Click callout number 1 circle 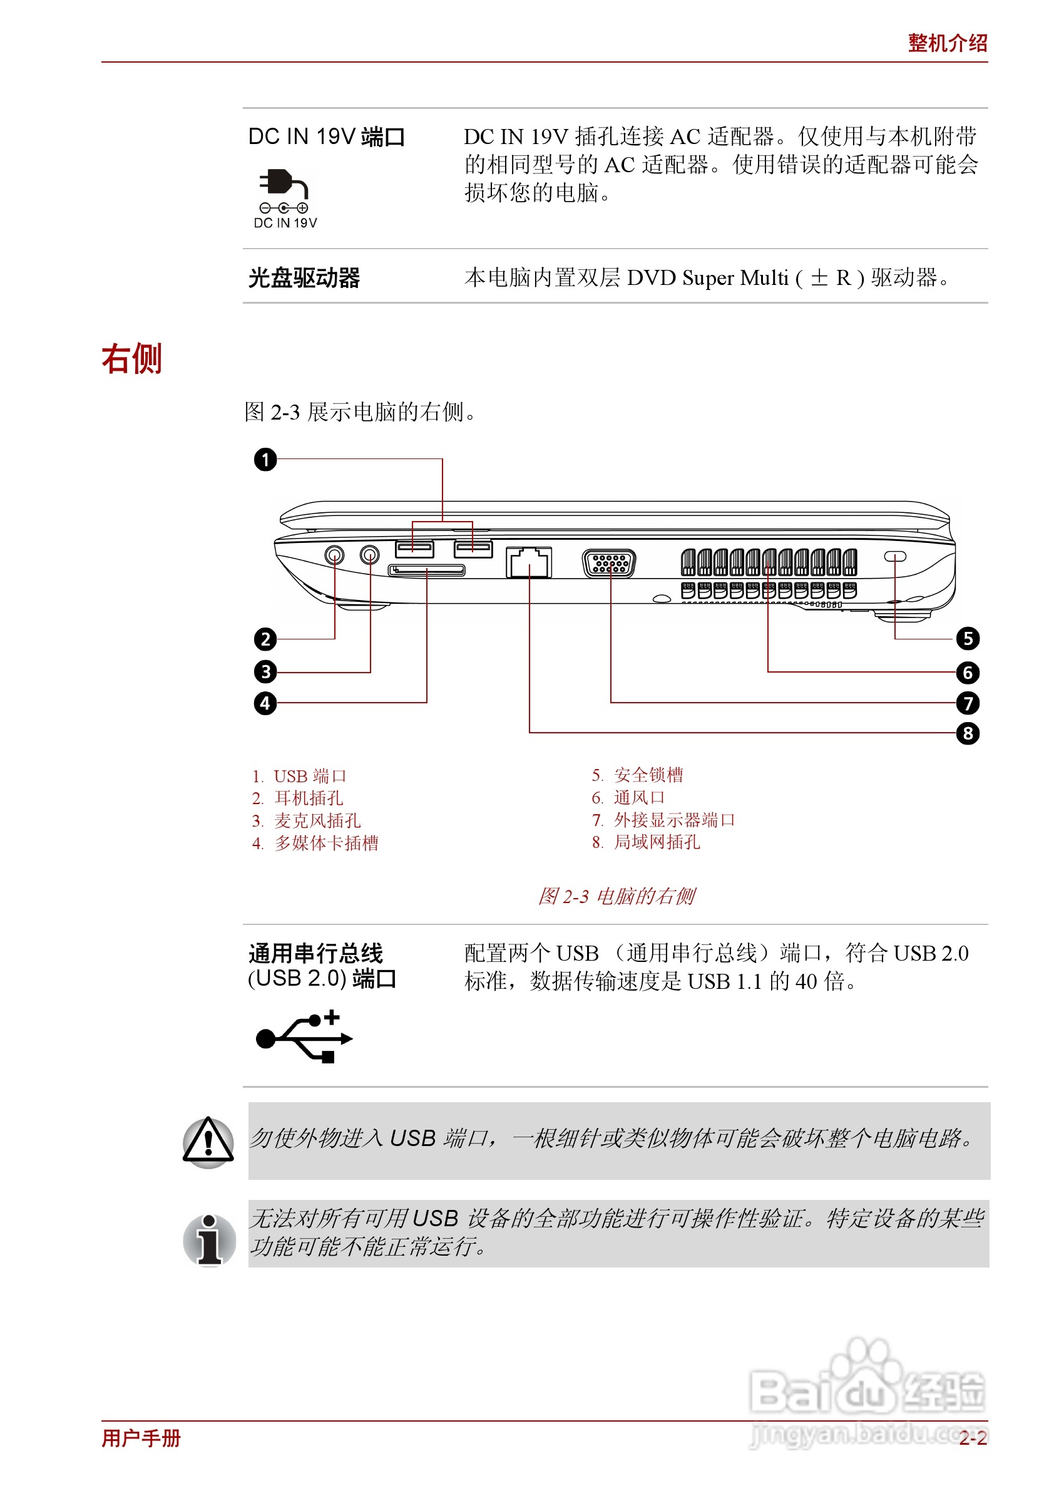pyautogui.click(x=265, y=460)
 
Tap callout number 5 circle pyautogui.click(x=968, y=639)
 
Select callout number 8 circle pyautogui.click(x=968, y=733)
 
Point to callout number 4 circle pyautogui.click(x=265, y=703)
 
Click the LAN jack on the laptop pyautogui.click(x=529, y=562)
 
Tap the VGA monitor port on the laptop pyautogui.click(x=610, y=563)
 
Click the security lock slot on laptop pyautogui.click(x=895, y=557)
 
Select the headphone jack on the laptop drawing pyautogui.click(x=335, y=555)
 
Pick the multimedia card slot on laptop pyautogui.click(x=426, y=571)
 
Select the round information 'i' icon pyautogui.click(x=209, y=1239)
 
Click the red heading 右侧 pyautogui.click(x=132, y=359)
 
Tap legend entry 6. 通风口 pyautogui.click(x=628, y=797)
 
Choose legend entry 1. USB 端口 pyautogui.click(x=300, y=777)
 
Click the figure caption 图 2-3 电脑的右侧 pyautogui.click(x=616, y=896)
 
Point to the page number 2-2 pyautogui.click(x=973, y=1438)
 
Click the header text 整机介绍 pyautogui.click(x=948, y=43)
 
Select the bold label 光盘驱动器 pyautogui.click(x=304, y=277)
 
